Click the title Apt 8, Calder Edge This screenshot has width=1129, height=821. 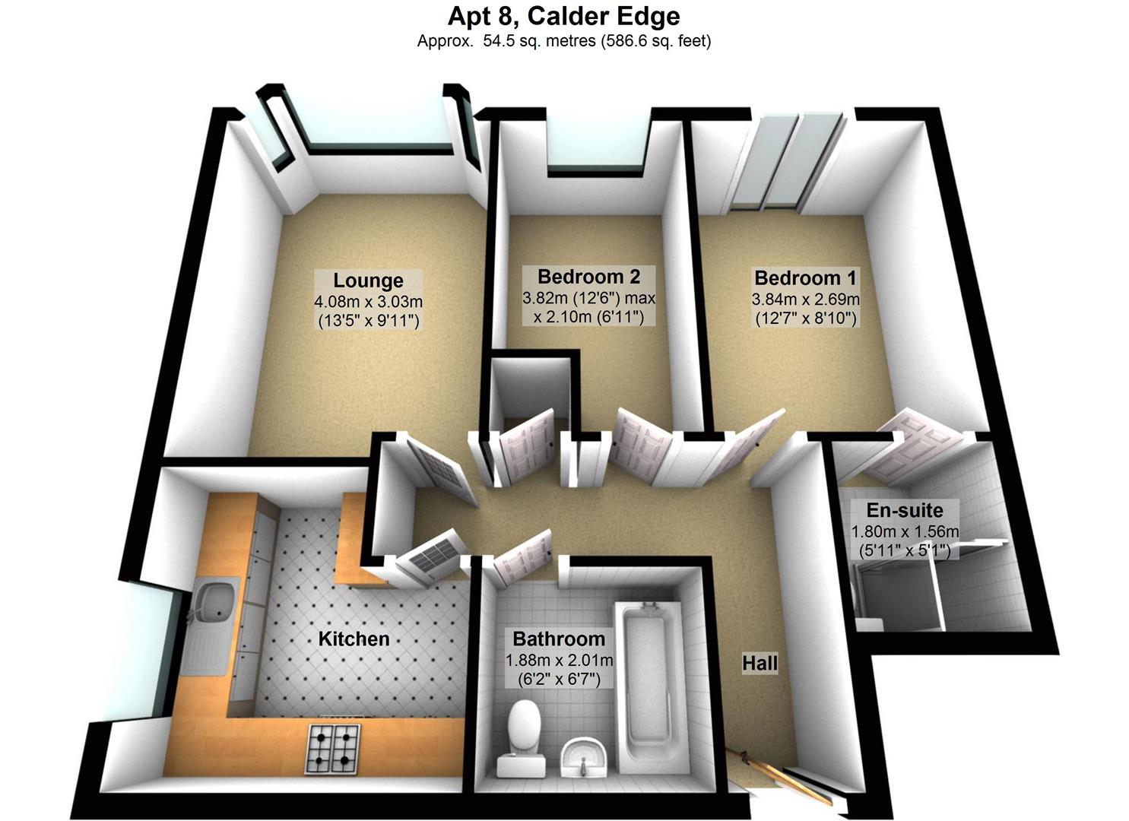(563, 16)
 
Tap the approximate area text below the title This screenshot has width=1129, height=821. (563, 41)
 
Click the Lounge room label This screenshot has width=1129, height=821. (368, 281)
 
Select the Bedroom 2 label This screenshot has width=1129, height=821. (588, 276)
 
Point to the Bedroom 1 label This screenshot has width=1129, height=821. (805, 277)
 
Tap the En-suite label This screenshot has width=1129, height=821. (905, 510)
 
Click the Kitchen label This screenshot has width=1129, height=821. (354, 639)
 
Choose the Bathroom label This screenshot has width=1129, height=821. (559, 639)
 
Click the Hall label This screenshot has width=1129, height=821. (760, 664)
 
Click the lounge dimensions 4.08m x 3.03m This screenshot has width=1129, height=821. (368, 302)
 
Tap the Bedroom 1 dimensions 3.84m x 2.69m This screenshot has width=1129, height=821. (805, 299)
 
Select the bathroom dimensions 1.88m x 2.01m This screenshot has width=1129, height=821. (559, 660)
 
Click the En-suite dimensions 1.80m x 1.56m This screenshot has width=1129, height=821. (905, 531)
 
